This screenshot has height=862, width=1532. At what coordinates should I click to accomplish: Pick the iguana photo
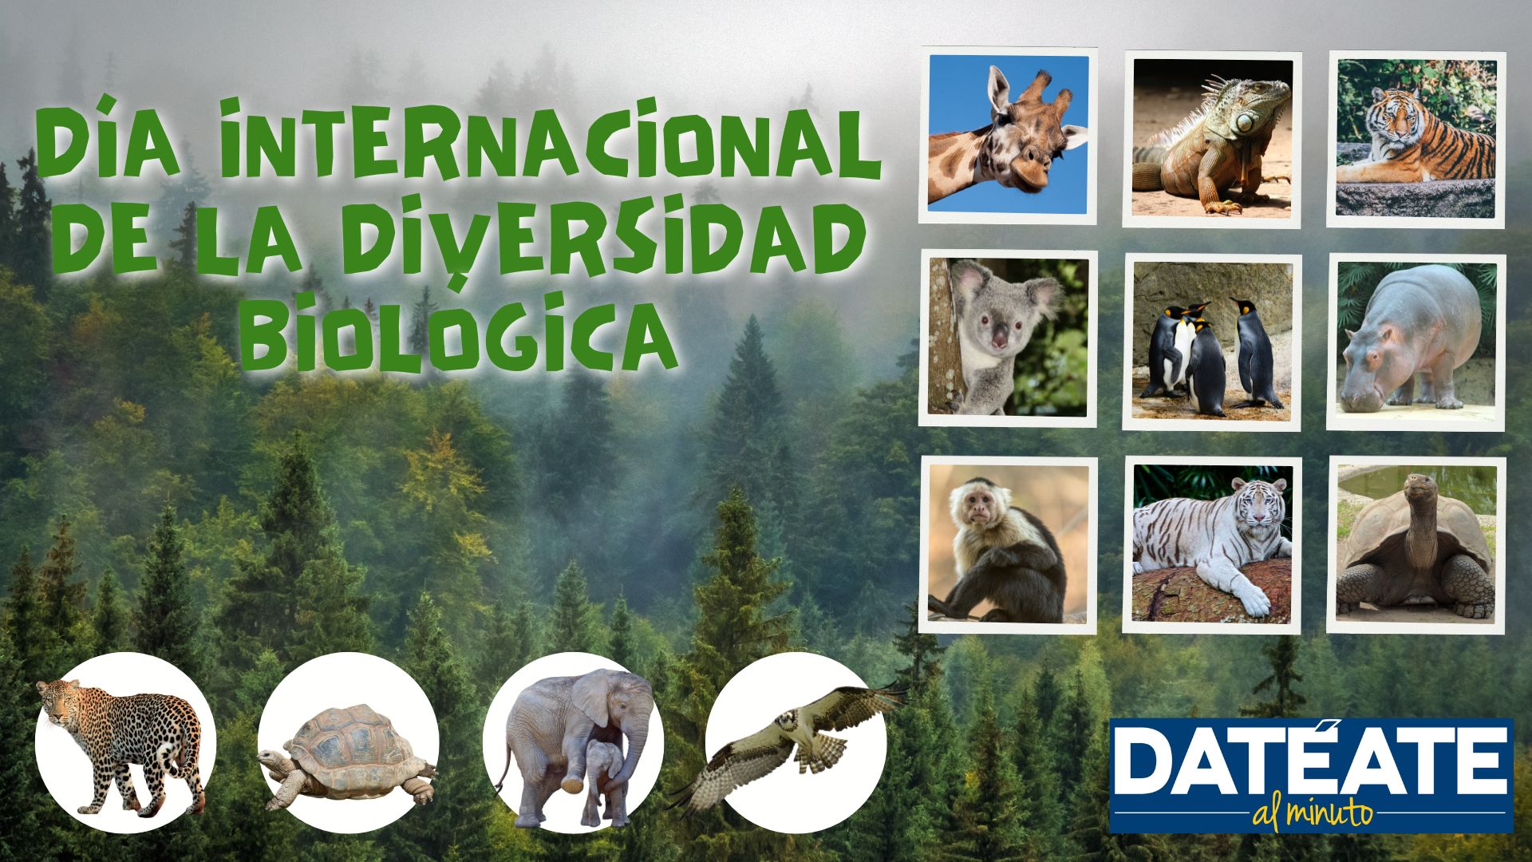(1212, 139)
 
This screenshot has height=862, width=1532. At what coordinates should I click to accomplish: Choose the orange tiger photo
(1416, 139)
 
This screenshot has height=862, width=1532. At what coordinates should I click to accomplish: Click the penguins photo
(1212, 342)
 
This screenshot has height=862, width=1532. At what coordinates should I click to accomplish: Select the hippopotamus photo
(1416, 342)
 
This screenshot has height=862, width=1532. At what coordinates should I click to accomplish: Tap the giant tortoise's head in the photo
(1418, 484)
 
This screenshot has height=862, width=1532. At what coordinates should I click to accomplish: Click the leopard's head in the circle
(57, 701)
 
